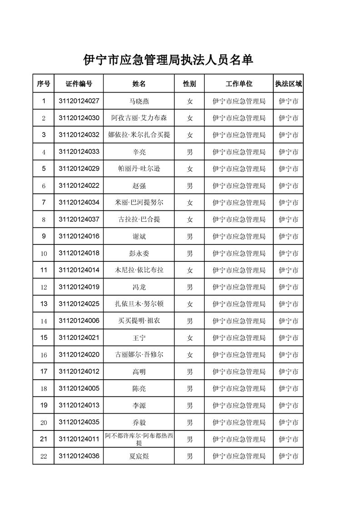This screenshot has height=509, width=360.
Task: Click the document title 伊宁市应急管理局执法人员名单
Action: click(x=168, y=60)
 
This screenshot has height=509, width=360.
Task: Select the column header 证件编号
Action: click(x=79, y=84)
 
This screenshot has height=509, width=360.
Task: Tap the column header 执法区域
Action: click(x=288, y=84)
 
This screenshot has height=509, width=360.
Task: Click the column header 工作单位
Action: click(x=239, y=84)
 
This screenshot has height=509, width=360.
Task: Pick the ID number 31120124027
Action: click(x=79, y=101)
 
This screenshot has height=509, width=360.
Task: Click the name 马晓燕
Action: click(x=139, y=101)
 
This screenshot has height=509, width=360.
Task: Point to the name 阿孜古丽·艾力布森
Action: click(x=139, y=118)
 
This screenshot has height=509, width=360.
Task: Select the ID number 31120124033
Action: click(x=79, y=152)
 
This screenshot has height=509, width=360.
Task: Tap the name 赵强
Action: click(x=139, y=186)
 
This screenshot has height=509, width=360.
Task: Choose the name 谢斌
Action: click(x=139, y=236)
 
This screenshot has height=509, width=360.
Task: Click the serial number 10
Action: click(x=44, y=253)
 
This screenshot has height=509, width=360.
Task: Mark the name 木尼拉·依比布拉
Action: click(x=139, y=270)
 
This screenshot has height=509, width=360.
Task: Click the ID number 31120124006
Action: click(x=79, y=321)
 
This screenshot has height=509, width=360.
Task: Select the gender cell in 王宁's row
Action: click(x=190, y=338)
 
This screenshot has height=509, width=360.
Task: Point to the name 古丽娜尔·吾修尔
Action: click(x=139, y=354)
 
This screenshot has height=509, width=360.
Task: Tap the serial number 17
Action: click(x=44, y=372)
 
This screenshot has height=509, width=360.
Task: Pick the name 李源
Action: click(x=139, y=405)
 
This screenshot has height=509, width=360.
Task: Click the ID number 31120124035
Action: click(x=79, y=422)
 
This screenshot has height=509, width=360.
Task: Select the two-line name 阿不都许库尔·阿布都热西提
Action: click(x=139, y=439)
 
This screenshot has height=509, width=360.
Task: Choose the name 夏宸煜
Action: click(x=139, y=456)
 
